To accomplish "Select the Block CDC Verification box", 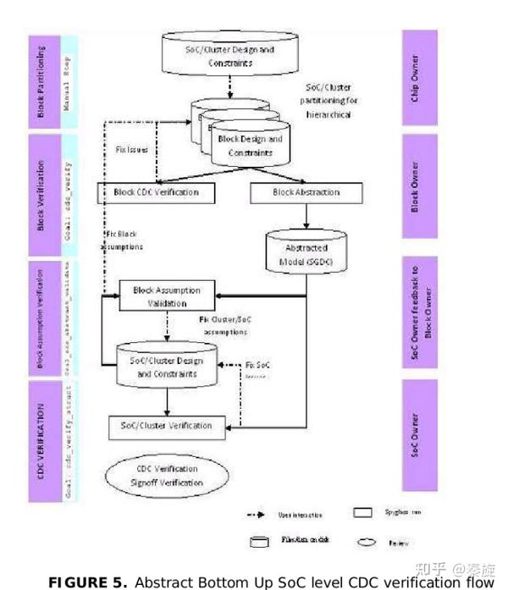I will tap(157, 192).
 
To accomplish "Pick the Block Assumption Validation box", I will tap(168, 296).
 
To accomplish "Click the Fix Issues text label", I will tap(132, 149).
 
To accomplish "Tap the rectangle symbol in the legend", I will tap(363, 513).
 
